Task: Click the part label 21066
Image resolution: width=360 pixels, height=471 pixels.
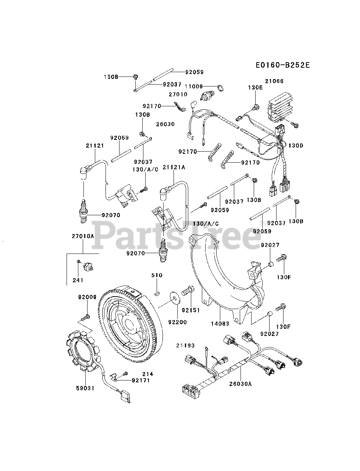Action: pyautogui.click(x=274, y=81)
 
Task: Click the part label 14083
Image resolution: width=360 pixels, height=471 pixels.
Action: pyautogui.click(x=220, y=323)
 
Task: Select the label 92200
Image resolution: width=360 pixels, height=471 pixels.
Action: pyautogui.click(x=178, y=322)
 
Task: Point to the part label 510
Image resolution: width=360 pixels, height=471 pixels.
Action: pyautogui.click(x=157, y=275)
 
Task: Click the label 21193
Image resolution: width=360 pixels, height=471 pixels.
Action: pyautogui.click(x=185, y=345)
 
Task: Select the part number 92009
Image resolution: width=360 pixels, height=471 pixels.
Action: pyautogui.click(x=87, y=297)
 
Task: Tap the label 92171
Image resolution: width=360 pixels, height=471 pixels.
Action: pyautogui.click(x=141, y=380)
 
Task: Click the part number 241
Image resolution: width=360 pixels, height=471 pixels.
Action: pyautogui.click(x=78, y=280)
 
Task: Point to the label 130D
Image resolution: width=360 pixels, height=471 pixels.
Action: pyautogui.click(x=295, y=145)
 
